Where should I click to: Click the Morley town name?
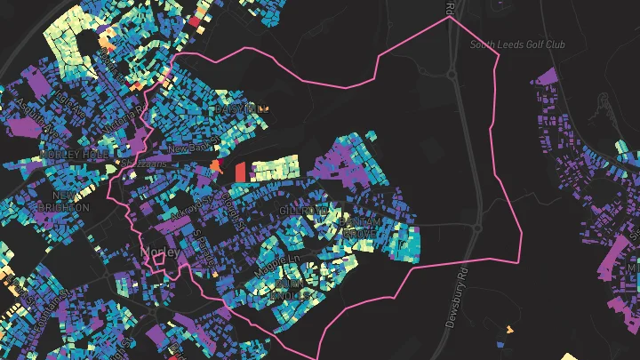(x=161, y=253)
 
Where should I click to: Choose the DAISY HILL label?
(x=241, y=108)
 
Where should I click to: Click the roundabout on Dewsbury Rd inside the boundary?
(x=477, y=228)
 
